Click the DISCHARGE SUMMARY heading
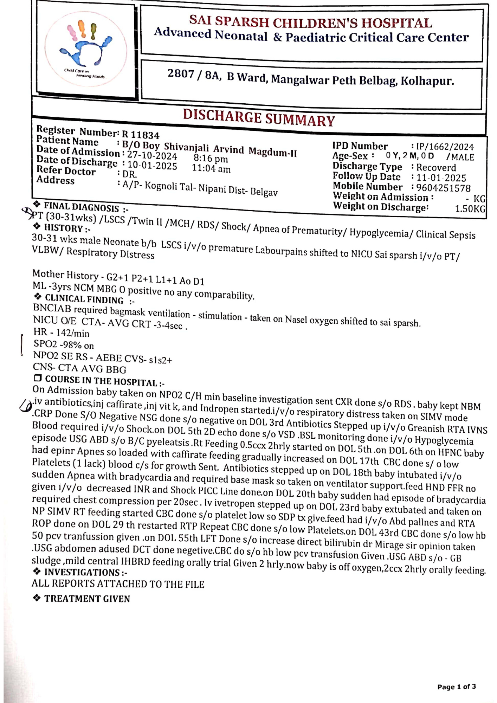click(259, 118)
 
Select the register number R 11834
click(141, 135)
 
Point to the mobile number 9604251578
click(443, 188)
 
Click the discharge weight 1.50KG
click(470, 209)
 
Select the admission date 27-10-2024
click(152, 155)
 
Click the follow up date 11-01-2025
click(441, 178)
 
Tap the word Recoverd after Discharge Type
click(436, 168)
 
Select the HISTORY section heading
click(64, 228)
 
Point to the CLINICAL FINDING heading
click(84, 299)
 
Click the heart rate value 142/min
click(73, 333)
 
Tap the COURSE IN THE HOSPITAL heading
click(101, 381)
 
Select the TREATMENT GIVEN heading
click(87, 599)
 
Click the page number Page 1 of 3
click(457, 686)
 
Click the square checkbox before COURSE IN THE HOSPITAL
click(38, 379)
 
